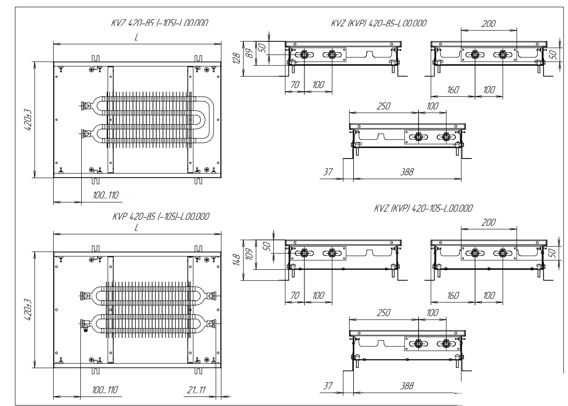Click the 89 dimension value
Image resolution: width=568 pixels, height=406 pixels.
[x=248, y=54]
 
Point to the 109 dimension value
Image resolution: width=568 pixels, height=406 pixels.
[x=248, y=255]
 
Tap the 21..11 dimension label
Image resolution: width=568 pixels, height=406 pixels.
[x=196, y=390]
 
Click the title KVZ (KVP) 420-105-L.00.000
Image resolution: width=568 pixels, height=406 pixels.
[x=423, y=208]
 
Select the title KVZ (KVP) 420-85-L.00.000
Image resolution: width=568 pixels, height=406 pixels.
[x=379, y=23]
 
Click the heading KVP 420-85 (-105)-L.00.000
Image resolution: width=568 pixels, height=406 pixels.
[x=161, y=217]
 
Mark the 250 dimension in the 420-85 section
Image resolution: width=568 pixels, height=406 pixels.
[x=384, y=106]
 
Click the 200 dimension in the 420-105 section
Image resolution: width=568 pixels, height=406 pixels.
[x=489, y=223]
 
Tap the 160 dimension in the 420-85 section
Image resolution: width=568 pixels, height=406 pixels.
[x=453, y=90]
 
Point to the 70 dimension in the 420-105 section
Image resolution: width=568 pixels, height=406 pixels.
[x=295, y=296]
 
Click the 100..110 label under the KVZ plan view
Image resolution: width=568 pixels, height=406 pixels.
[x=105, y=195]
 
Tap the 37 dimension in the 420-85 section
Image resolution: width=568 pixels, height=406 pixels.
[x=328, y=172]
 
